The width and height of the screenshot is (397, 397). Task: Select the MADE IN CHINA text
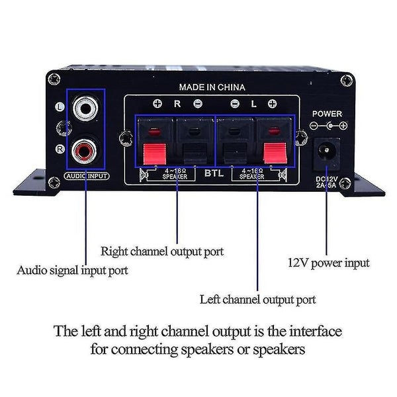click(x=212, y=87)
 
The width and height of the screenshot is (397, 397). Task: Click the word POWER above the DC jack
click(x=327, y=112)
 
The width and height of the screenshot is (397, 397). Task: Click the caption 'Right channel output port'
click(x=162, y=251)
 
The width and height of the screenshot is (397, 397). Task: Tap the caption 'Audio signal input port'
click(x=73, y=270)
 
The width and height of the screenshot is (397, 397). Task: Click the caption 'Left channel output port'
click(x=258, y=299)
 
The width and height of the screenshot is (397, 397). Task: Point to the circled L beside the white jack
click(x=60, y=105)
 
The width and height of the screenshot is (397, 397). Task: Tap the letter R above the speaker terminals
click(x=177, y=104)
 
